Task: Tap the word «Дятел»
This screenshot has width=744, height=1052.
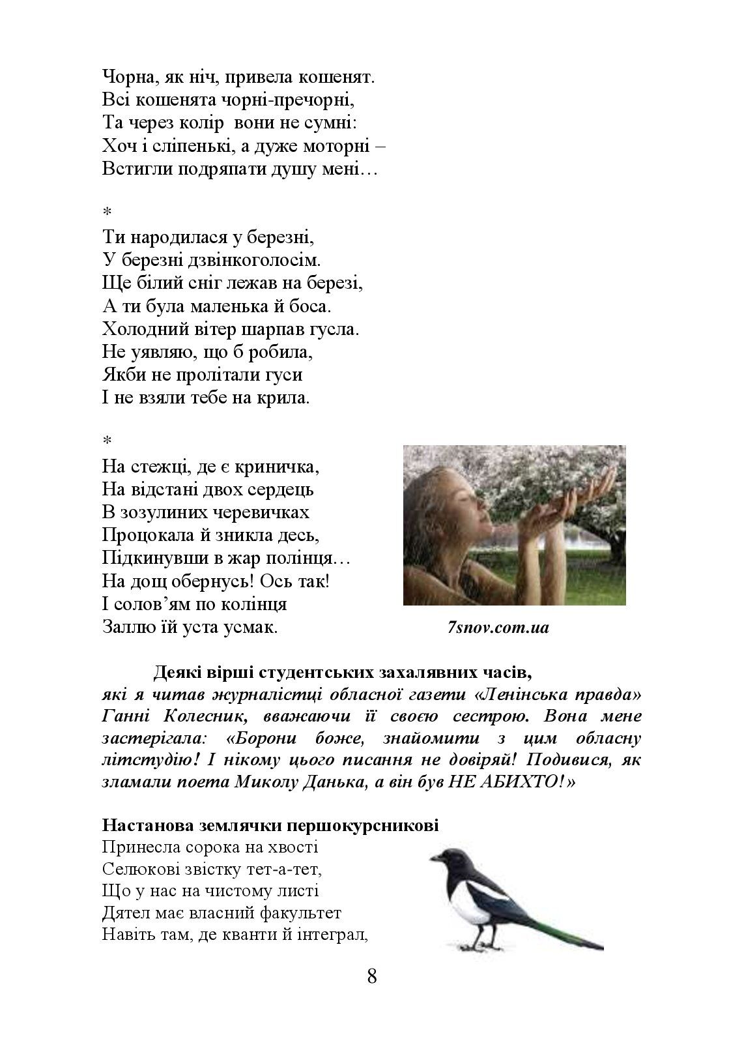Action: tap(124, 913)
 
